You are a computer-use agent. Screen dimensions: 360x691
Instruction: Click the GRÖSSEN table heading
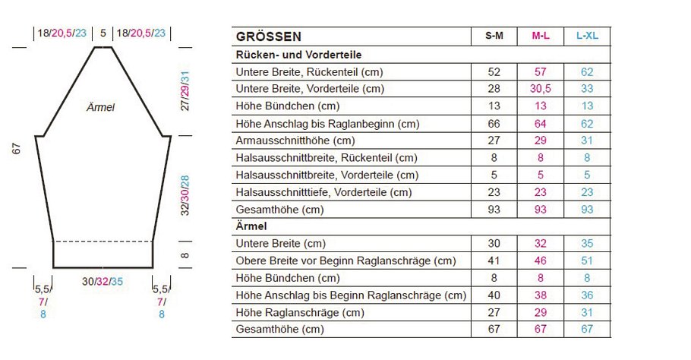click(269, 36)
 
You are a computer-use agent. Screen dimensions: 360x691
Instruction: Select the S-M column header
click(494, 36)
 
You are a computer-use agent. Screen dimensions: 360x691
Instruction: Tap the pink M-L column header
click(541, 36)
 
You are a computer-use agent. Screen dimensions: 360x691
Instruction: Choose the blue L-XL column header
click(587, 36)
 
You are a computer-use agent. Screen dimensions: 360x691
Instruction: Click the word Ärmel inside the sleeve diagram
click(100, 108)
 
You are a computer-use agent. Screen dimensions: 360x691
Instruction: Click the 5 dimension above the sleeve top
click(103, 33)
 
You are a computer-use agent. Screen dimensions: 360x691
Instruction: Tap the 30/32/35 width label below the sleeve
click(103, 281)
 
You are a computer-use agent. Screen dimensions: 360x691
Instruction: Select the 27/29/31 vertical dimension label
click(185, 91)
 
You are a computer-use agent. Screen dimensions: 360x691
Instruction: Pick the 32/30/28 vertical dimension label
click(185, 196)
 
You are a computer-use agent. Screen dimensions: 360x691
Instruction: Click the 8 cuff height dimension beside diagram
click(185, 255)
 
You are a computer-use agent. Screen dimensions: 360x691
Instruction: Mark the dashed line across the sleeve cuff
click(103, 242)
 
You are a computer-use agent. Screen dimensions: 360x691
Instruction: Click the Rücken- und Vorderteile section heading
click(298, 55)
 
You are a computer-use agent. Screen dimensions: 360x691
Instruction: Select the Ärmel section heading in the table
click(251, 226)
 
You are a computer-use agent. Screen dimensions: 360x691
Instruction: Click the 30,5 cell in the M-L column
click(541, 89)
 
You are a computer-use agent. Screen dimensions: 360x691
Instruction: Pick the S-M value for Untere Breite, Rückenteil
click(494, 72)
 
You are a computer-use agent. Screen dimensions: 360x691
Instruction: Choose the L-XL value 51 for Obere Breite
click(587, 261)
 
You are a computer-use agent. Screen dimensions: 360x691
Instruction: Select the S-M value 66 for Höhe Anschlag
click(494, 123)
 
